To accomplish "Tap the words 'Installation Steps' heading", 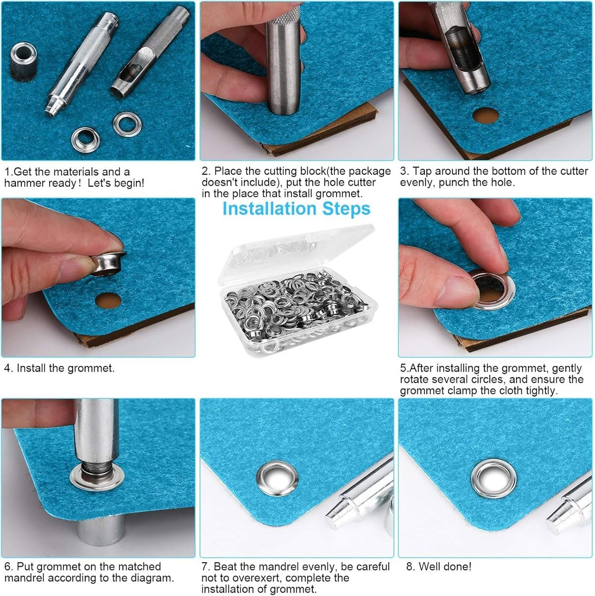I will pos(296,209).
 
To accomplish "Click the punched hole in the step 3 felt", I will pos(485,115).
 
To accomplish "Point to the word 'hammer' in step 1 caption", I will pos(25,183).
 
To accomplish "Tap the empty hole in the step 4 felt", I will pos(108,300).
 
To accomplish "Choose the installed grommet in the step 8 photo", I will pos(493,478).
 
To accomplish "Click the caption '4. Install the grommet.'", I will pos(59,368).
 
